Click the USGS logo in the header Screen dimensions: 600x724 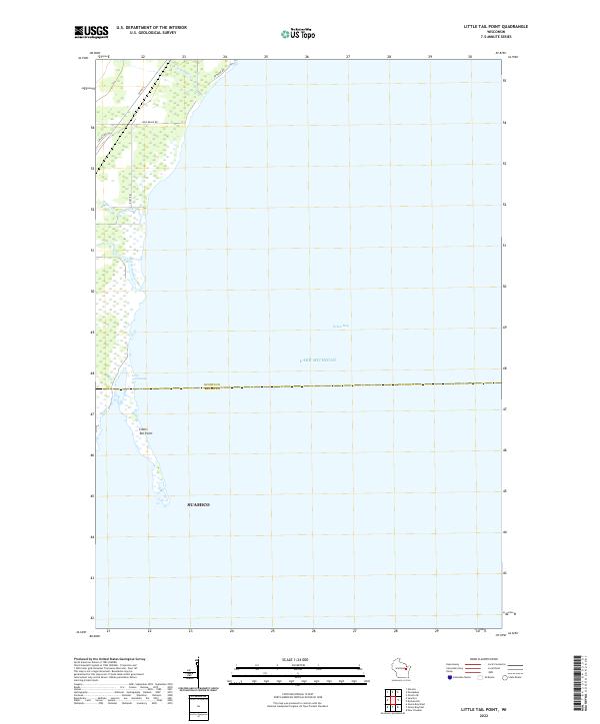tap(92, 32)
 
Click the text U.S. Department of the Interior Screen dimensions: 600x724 tap(151, 27)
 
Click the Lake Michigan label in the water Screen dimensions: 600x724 tap(320, 360)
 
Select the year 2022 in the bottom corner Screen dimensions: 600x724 tap(491, 713)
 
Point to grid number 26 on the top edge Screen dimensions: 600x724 tap(306, 58)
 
